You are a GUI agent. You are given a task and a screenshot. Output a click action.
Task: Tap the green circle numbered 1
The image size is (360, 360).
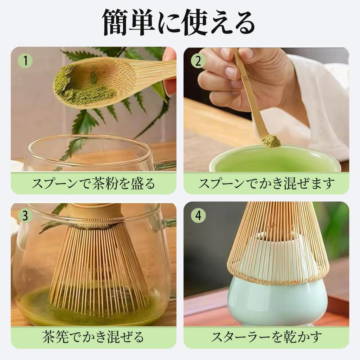coord(25,61)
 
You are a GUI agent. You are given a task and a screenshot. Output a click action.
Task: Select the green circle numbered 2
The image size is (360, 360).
coord(198,61)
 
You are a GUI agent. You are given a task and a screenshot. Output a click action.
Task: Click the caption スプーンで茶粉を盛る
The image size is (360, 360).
coord(93,184)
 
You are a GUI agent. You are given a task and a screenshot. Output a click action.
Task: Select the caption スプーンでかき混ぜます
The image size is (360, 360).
coord(266,184)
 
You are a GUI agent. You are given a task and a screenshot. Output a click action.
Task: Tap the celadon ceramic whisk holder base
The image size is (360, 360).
coord(278,302)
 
